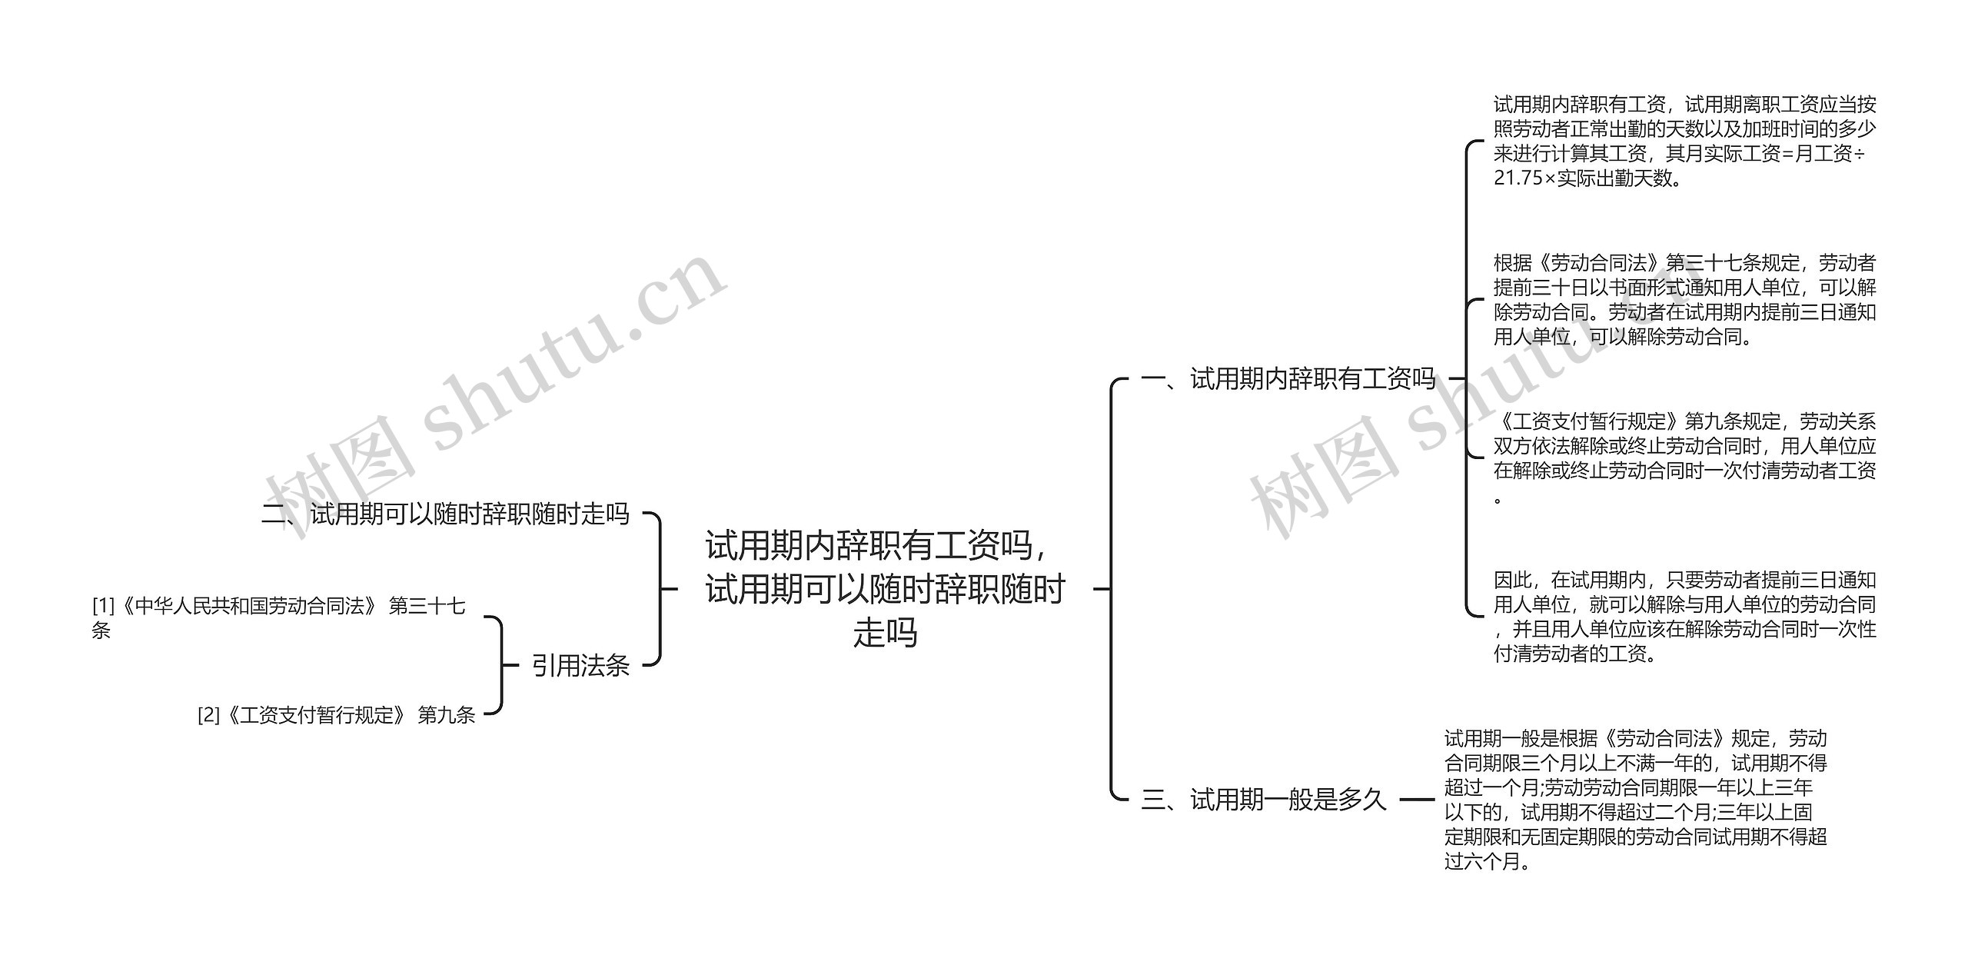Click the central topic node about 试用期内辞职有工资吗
pos(885,589)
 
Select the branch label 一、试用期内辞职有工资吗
pos(1288,378)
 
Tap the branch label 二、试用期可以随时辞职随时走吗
pos(445,514)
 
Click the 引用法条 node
pos(580,665)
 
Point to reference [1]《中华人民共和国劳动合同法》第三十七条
pos(278,607)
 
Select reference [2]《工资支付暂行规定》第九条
pos(336,715)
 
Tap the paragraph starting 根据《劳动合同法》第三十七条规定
pos(1684,300)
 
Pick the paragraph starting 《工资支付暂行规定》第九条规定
pos(1684,458)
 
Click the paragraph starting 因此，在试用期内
pos(1684,617)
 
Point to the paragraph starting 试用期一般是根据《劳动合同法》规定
pos(1635,800)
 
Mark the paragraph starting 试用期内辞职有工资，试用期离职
pos(1684,141)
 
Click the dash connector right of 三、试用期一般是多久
pos(1417,800)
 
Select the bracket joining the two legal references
pos(500,665)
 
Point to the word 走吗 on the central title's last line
pos(885,634)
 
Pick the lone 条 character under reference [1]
pos(101,631)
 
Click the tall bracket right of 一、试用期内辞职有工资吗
pos(1467,378)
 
